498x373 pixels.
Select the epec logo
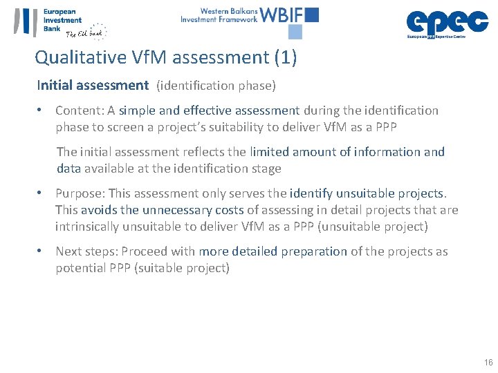tap(446, 22)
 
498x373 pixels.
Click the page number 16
tap(488, 363)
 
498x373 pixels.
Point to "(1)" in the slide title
tap(286, 57)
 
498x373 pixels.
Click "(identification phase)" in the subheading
tap(216, 86)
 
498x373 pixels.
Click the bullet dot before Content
tap(41, 111)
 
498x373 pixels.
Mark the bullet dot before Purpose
tap(41, 193)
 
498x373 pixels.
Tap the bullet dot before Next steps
tap(41, 251)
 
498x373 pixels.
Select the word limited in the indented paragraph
tap(272, 152)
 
